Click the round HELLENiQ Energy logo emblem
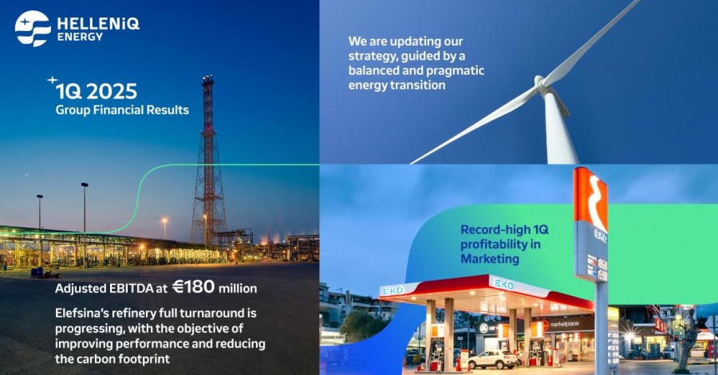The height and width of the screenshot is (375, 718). point(33,29)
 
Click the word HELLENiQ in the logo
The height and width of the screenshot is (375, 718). point(97,24)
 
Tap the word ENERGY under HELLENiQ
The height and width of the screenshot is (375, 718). point(80,37)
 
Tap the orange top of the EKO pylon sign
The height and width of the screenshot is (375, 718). point(590,196)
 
